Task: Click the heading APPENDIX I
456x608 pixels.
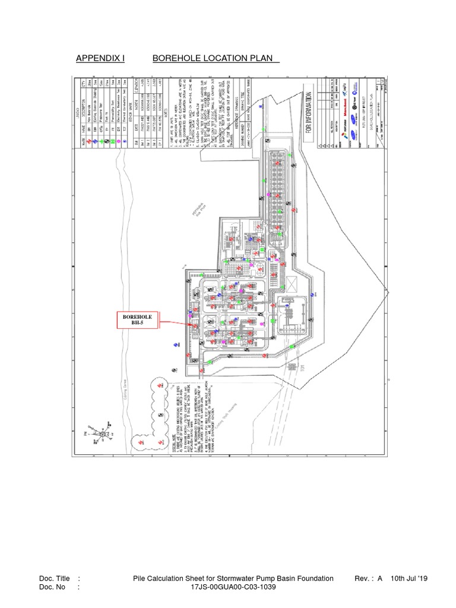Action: (x=100, y=58)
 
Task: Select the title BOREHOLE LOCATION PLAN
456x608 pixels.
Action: (x=216, y=58)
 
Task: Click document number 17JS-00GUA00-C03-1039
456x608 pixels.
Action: (x=233, y=587)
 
